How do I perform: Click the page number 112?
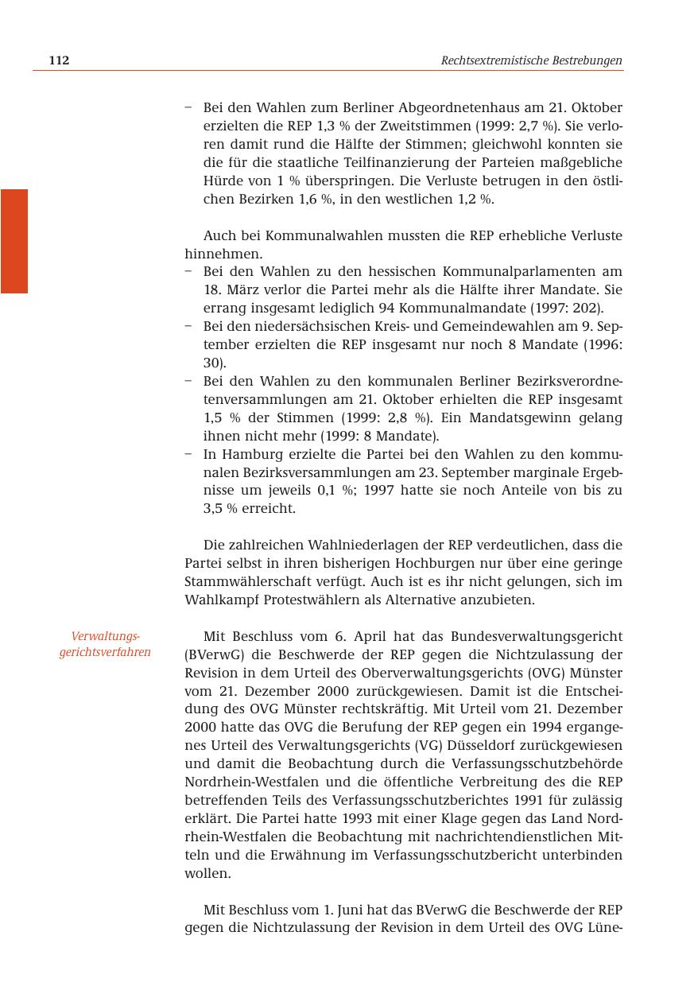click(59, 60)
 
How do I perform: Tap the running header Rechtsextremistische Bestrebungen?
click(531, 60)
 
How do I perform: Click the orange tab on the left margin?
click(14, 241)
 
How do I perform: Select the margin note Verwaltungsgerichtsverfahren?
click(105, 644)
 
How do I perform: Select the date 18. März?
click(233, 289)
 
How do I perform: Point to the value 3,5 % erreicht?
click(249, 509)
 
